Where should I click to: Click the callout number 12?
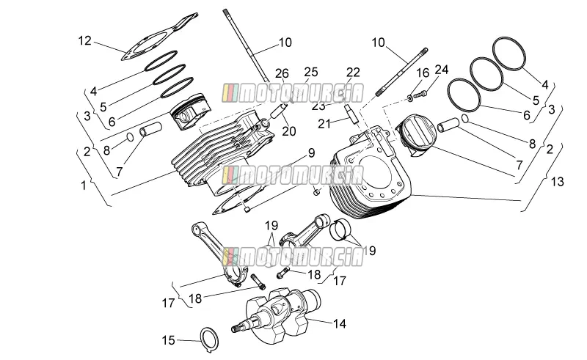[x=85, y=40]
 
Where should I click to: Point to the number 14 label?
[x=339, y=323]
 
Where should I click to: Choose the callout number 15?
[x=169, y=340]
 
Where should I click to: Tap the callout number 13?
[x=557, y=182]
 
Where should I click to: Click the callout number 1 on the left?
[x=84, y=185]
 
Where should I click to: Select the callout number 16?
[x=423, y=73]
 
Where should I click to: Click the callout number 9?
[x=311, y=153]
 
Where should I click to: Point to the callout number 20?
[x=289, y=131]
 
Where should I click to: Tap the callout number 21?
[x=324, y=123]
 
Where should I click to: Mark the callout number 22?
[x=353, y=72]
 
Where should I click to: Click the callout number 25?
[x=310, y=72]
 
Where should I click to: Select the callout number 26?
[x=282, y=73]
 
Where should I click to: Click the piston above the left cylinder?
[x=191, y=112]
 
